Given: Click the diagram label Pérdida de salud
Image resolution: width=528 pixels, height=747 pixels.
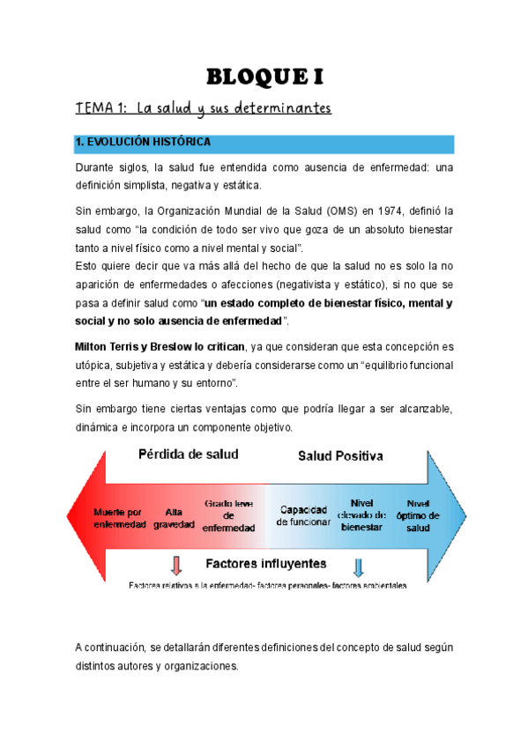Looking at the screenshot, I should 188,455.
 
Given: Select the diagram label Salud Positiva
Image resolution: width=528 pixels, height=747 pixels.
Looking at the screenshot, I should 340,456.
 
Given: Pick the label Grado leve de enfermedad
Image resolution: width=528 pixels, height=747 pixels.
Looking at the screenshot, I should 229,515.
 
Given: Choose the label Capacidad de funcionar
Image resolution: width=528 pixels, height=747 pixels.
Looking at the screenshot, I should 304,515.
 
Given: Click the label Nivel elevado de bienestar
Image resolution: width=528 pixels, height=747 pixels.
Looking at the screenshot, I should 362,514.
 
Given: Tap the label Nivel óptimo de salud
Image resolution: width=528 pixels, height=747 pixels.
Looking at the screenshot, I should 418,514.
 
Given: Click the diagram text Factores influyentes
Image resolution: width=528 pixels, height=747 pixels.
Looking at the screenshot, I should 265,563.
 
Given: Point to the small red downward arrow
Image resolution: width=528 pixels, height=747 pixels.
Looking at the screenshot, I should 176,565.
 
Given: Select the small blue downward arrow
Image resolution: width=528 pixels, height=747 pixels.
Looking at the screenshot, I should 359,565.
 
